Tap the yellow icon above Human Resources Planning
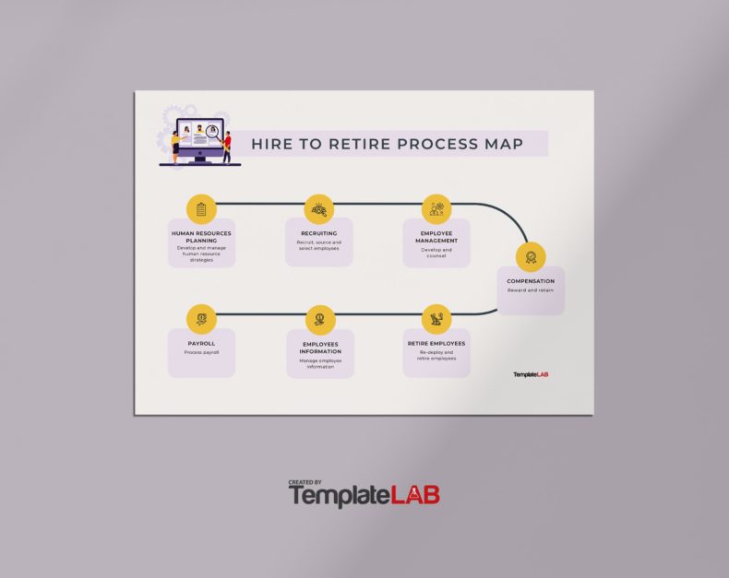click(201, 208)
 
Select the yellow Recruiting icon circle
click(318, 208)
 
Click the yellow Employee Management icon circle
click(436, 208)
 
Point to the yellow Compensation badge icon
click(531, 256)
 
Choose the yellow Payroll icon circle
click(201, 319)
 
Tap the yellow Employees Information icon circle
click(319, 319)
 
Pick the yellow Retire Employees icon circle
click(436, 319)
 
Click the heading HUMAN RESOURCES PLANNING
click(201, 237)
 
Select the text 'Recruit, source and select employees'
click(318, 246)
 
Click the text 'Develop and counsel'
click(436, 253)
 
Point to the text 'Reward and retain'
click(531, 290)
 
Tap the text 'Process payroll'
click(201, 352)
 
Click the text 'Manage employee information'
click(319, 364)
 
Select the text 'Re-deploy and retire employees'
click(436, 356)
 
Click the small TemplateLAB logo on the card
click(531, 374)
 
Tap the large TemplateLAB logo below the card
click(364, 494)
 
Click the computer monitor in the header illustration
click(199, 143)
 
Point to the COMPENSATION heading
click(531, 281)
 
